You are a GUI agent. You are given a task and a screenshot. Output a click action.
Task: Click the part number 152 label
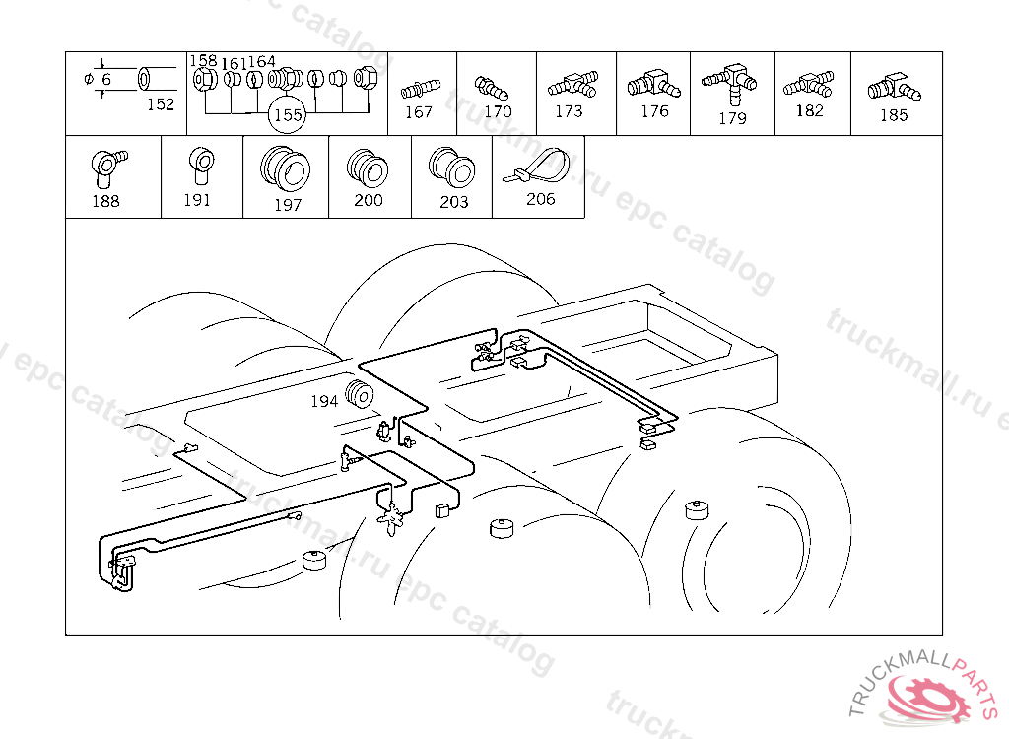click(x=160, y=104)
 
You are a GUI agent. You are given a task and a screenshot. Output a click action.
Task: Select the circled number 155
click(x=287, y=115)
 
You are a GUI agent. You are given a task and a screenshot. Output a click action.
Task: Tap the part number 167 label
click(x=419, y=112)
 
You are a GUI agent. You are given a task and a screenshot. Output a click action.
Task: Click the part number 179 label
click(x=732, y=118)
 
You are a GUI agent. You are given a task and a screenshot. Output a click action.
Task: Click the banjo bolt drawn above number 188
click(x=104, y=164)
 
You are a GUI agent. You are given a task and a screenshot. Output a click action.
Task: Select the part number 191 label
click(x=197, y=199)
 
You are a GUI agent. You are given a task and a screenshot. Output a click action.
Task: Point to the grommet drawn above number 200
click(x=369, y=168)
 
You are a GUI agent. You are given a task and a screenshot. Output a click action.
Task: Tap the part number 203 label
click(x=453, y=202)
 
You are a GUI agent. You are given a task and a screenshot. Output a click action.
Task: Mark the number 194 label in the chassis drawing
click(x=324, y=401)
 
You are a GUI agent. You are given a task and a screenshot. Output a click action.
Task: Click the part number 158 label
click(x=203, y=61)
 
